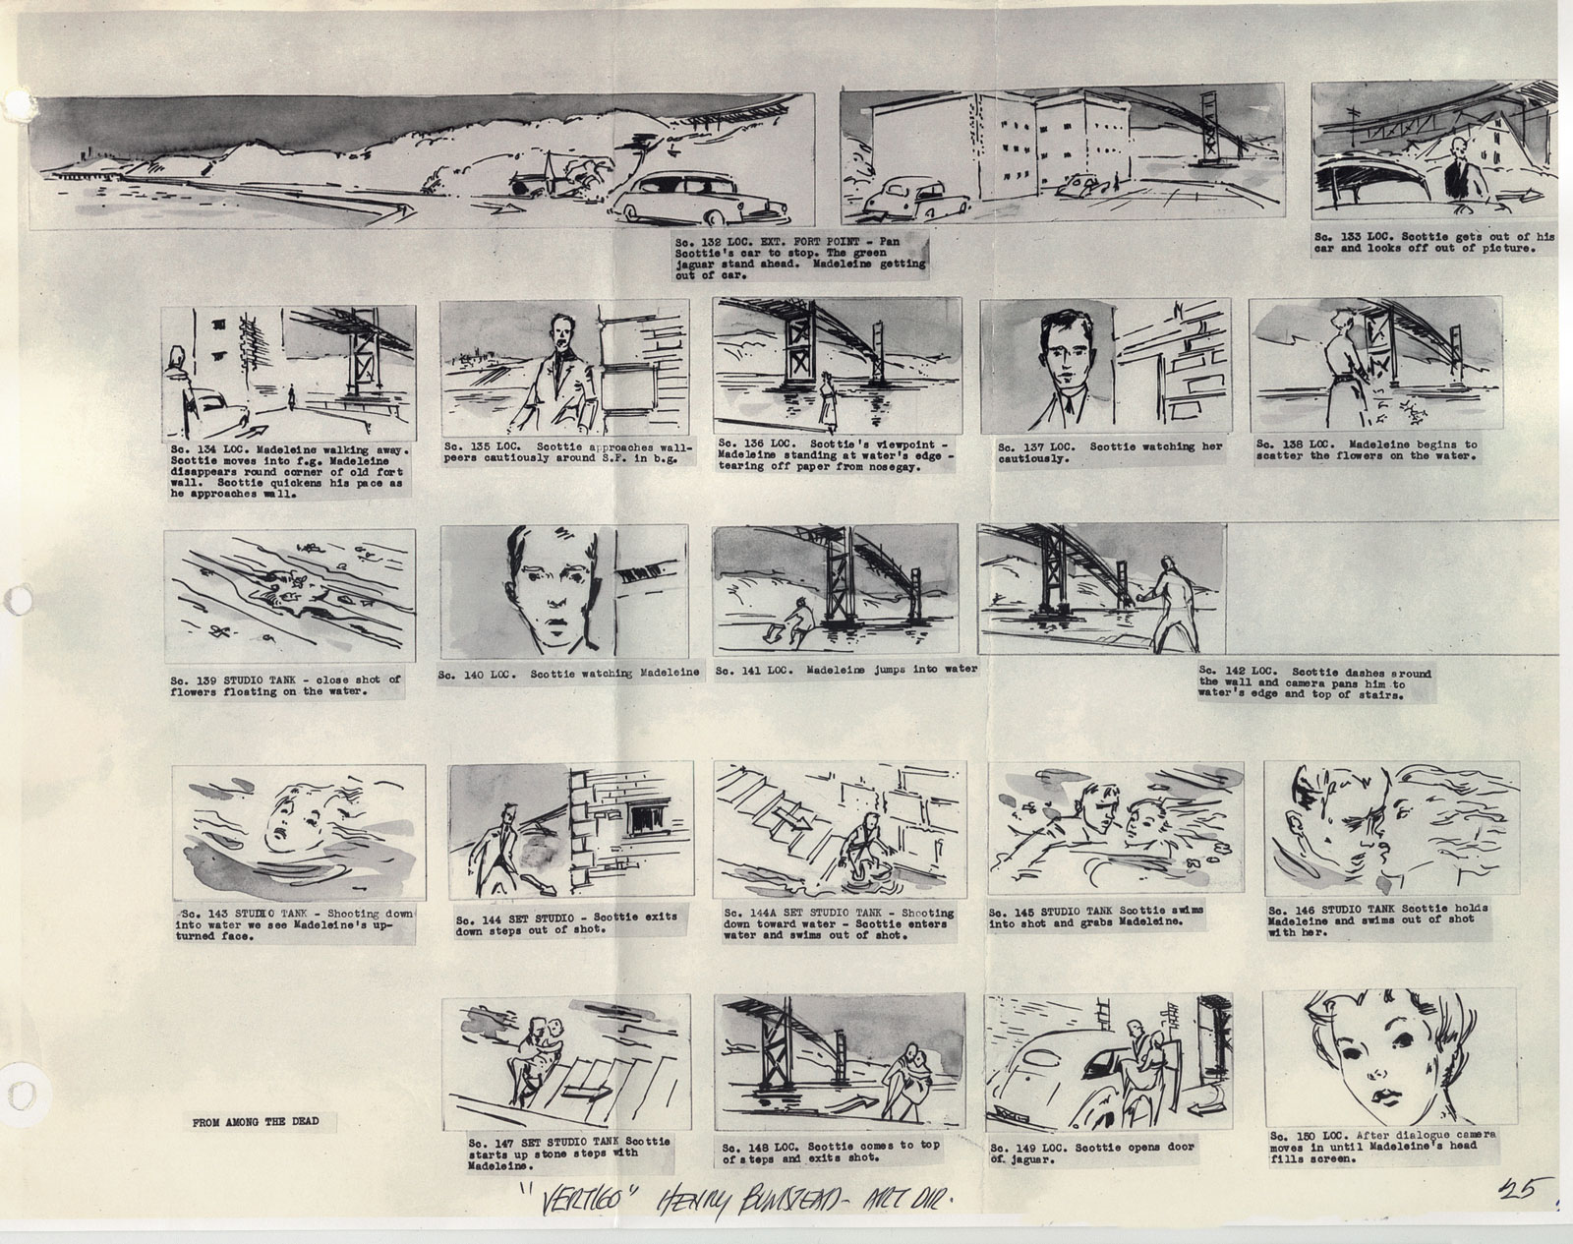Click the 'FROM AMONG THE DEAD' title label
coord(255,1121)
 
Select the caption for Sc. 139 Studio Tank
coord(285,684)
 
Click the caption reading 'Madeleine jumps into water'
coord(845,669)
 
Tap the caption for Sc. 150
coord(1383,1146)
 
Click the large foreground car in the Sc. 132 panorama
coord(700,198)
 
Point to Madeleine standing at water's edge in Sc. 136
coord(828,401)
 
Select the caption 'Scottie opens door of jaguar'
coord(1093,1152)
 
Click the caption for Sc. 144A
coord(839,923)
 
